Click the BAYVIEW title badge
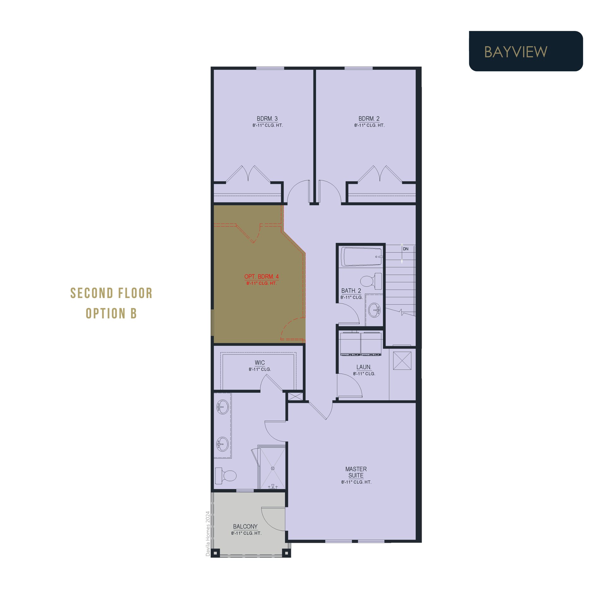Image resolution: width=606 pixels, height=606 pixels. click(526, 51)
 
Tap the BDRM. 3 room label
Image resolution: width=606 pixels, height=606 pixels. click(267, 119)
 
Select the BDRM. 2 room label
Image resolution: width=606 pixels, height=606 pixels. click(369, 119)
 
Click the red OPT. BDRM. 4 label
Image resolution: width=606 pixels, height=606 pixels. click(261, 276)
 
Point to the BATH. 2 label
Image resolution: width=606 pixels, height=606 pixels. click(351, 291)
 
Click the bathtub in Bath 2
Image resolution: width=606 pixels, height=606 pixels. click(362, 257)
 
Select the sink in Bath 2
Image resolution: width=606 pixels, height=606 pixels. click(374, 310)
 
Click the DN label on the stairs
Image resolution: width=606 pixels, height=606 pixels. click(406, 249)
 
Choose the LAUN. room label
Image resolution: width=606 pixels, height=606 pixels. click(364, 367)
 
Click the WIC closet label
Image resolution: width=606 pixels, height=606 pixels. click(260, 363)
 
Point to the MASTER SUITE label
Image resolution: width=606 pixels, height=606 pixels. click(356, 472)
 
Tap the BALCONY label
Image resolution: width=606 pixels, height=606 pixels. click(245, 526)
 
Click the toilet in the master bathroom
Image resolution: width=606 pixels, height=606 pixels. click(226, 476)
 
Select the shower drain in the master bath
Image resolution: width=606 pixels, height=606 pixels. click(273, 468)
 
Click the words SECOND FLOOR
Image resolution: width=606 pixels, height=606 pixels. click(111, 293)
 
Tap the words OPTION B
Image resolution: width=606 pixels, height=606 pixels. click(111, 313)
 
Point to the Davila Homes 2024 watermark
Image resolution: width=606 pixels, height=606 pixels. click(208, 534)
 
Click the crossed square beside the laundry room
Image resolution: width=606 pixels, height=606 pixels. click(402, 360)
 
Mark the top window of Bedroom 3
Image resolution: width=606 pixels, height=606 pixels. click(270, 68)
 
